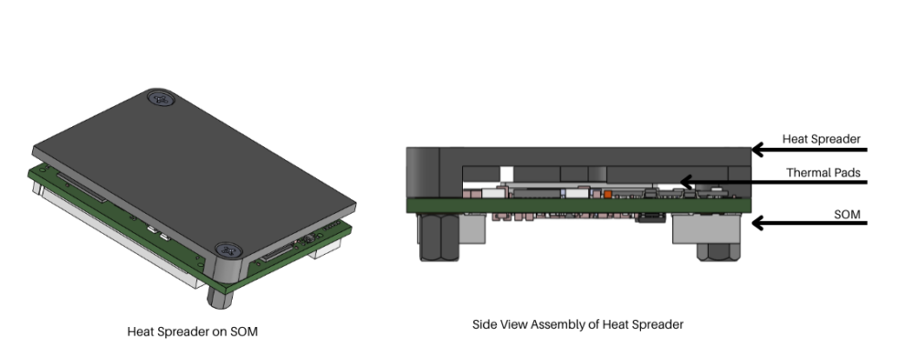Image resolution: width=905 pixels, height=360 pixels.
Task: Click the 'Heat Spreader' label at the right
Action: click(x=821, y=139)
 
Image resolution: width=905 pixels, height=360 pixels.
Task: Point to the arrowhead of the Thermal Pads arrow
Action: click(x=684, y=183)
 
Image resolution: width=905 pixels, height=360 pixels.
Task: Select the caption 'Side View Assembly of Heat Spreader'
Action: click(x=577, y=323)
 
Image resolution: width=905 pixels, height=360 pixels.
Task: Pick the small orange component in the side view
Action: click(x=607, y=194)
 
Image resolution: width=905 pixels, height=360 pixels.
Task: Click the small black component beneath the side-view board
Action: click(x=650, y=217)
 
